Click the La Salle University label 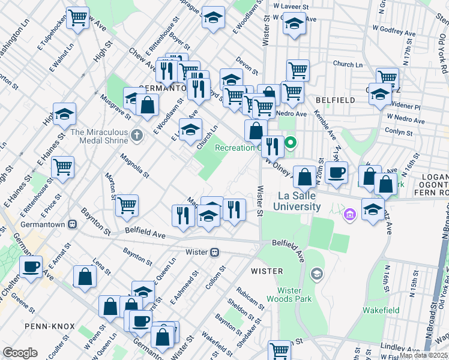[x=299, y=201]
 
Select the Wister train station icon [x=214, y=252]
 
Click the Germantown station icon [x=73, y=224]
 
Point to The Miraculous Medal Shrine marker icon [x=137, y=135]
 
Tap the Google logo [x=20, y=353]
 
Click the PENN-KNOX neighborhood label [x=50, y=326]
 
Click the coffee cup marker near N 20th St [x=337, y=172]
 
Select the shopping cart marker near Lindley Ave [x=279, y=350]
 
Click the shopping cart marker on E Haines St [x=62, y=167]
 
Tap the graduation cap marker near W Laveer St [x=294, y=24]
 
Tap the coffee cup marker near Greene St [x=31, y=266]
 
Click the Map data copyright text [x=423, y=355]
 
